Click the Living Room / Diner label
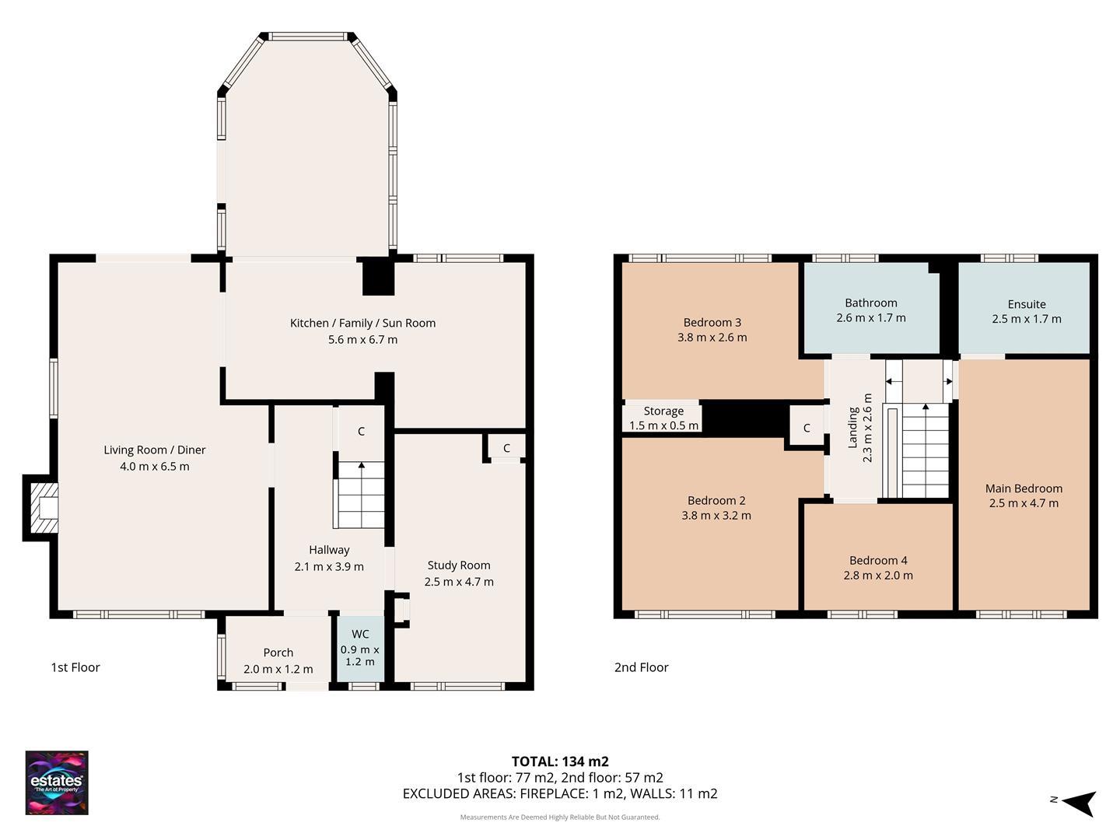point(154,450)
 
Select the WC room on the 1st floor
point(360,648)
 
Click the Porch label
point(278,653)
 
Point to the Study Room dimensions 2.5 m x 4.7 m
point(459,582)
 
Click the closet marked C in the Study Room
point(506,448)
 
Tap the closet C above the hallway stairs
point(361,432)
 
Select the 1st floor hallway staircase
point(359,495)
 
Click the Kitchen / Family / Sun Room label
point(362,323)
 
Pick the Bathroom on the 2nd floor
point(870,310)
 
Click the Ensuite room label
point(1026,304)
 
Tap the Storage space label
point(663,411)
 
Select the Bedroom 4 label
point(878,560)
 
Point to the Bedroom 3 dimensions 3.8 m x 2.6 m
point(712,338)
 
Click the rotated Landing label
point(852,428)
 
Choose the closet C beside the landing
point(807,428)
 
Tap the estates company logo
point(57,782)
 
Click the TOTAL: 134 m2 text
point(559,761)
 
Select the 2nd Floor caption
point(641,667)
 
